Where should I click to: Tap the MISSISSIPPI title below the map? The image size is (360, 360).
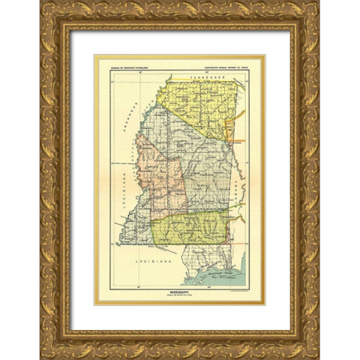tap(179, 294)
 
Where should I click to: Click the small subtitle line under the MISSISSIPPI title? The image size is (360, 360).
tap(179, 298)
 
